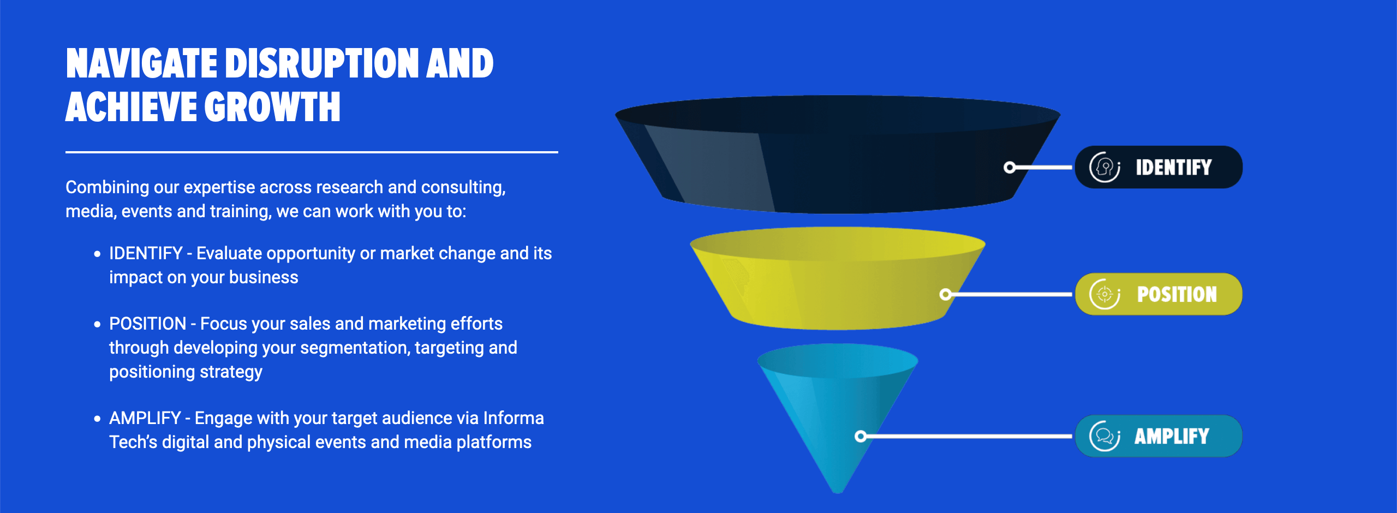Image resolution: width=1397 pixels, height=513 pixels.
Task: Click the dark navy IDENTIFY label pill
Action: click(x=1159, y=167)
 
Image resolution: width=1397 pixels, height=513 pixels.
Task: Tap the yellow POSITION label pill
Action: click(x=1159, y=294)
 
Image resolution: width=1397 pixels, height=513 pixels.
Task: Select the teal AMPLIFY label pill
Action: click(x=1159, y=436)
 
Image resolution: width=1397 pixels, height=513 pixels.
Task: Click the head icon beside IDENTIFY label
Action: click(x=1105, y=167)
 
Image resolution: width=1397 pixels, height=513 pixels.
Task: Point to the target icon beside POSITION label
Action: click(x=1105, y=294)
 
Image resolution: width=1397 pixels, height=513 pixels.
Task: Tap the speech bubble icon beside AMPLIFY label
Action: click(x=1105, y=436)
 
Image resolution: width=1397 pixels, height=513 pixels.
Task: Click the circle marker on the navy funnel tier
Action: click(x=1010, y=167)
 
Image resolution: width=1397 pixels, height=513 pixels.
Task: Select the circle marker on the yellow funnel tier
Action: click(x=946, y=294)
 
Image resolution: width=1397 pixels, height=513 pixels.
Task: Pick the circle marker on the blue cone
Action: click(x=861, y=436)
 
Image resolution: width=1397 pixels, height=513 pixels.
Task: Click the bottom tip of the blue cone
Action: click(x=838, y=492)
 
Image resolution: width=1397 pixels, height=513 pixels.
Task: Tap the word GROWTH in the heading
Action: click(x=272, y=107)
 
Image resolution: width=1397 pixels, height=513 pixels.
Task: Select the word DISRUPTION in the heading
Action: click(x=322, y=64)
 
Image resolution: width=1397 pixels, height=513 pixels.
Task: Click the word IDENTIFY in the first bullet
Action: click(x=146, y=253)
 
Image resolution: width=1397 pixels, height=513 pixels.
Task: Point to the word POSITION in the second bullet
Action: click(x=147, y=324)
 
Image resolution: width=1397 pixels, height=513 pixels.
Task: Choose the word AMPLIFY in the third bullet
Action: click(x=145, y=418)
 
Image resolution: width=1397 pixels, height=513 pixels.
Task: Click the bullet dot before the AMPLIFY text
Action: click(x=97, y=419)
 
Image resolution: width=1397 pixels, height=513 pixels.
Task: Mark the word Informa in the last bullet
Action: click(x=514, y=418)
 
